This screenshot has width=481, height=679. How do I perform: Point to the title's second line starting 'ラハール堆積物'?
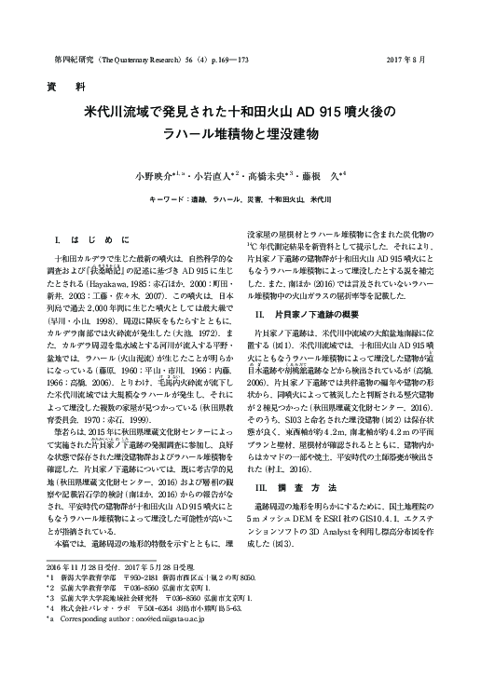tap(240, 134)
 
